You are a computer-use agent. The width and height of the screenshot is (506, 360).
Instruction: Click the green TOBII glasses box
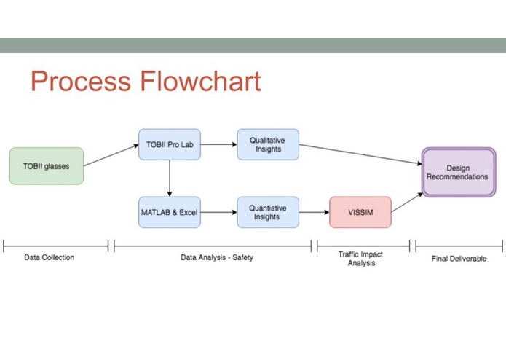47,166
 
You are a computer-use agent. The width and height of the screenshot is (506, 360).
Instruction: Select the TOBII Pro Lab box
170,144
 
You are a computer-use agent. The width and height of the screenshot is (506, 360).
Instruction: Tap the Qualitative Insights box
268,144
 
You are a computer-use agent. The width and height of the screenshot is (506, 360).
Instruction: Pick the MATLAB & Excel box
170,212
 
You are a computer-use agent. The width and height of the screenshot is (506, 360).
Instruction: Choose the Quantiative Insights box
268,212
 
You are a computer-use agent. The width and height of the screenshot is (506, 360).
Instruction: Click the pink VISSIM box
360,212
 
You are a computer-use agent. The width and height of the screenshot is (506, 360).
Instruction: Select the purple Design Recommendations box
459,172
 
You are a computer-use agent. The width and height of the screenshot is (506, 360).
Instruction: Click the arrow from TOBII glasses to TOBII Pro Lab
111,155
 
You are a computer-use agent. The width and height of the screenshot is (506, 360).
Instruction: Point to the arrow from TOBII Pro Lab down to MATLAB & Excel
170,179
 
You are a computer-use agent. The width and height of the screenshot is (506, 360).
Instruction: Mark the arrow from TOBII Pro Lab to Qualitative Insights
219,144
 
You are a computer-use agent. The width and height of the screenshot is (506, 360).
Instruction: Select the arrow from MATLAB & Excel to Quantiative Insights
219,212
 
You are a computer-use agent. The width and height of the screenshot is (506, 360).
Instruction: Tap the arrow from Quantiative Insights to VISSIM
315,212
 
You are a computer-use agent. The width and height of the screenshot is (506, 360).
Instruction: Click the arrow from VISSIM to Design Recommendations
407,203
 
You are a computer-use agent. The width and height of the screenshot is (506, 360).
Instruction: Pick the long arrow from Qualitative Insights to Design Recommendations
360,154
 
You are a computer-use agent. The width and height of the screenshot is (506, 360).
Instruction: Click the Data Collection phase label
50,257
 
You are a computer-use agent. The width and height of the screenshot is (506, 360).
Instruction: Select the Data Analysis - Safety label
217,257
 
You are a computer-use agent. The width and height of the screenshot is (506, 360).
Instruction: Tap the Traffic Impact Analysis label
361,259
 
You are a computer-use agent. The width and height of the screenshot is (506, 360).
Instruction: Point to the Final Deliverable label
459,258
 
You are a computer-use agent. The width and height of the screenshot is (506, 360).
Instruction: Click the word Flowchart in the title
200,81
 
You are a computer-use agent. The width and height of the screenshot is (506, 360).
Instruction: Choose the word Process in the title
81,81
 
